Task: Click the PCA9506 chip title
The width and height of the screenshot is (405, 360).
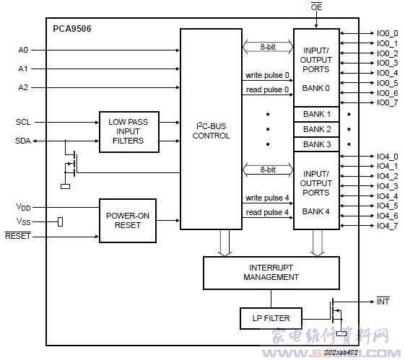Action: pos(72,29)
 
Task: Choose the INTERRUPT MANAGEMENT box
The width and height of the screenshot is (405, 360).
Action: pos(271,272)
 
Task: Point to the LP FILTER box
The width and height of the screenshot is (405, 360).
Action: pos(271,317)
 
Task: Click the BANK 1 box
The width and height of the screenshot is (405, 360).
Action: pos(316,115)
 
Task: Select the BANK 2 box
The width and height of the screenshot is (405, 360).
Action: pos(316,129)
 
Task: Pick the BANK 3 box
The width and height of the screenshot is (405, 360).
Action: pos(316,144)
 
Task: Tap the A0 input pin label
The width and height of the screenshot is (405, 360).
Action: pos(24,50)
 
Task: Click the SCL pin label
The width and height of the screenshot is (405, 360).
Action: pos(23,123)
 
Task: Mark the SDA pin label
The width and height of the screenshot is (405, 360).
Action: pos(23,140)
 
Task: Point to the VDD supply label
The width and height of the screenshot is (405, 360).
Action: pos(24,206)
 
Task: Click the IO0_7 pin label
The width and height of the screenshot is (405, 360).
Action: pos(387,103)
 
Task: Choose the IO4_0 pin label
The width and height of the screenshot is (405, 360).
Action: pos(387,157)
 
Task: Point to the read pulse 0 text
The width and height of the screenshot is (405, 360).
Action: pos(267,89)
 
